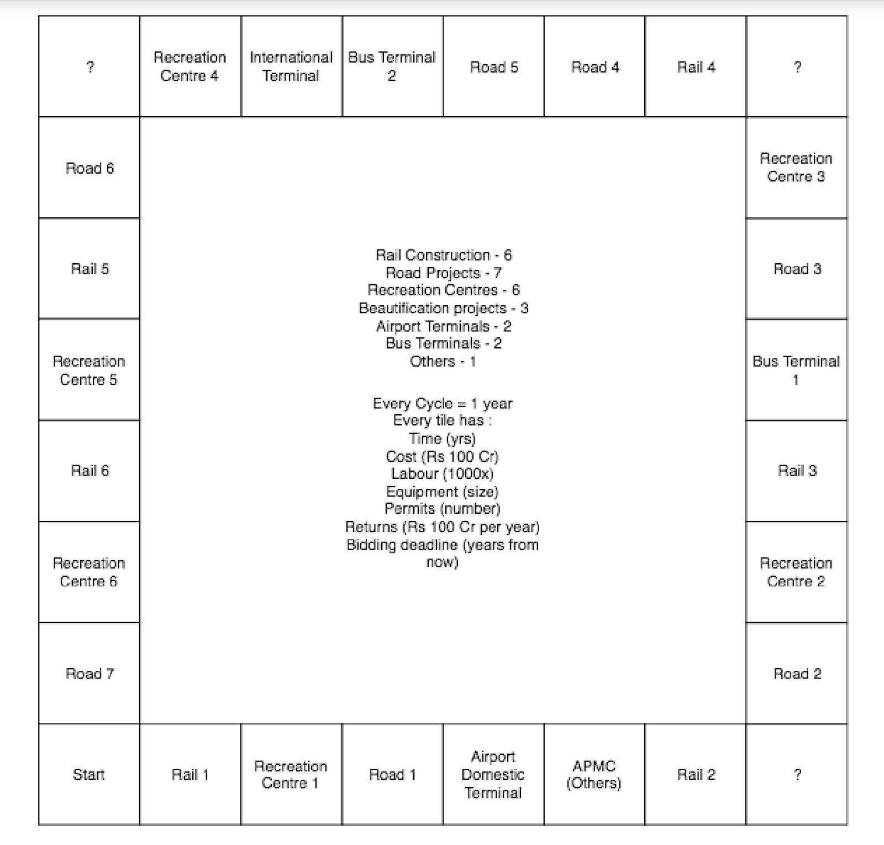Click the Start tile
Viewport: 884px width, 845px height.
click(89, 774)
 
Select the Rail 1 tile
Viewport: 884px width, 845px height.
click(190, 774)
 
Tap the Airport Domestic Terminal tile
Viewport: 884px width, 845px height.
click(493, 774)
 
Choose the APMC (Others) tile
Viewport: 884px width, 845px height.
click(594, 774)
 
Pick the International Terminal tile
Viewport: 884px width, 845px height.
click(291, 66)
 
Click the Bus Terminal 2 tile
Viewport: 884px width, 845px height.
click(392, 66)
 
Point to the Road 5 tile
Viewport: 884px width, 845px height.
click(493, 67)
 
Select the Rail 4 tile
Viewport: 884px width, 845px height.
click(696, 67)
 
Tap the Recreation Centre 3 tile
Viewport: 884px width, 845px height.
click(796, 168)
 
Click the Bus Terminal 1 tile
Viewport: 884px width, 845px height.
click(796, 370)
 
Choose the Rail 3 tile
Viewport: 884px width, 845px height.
click(797, 471)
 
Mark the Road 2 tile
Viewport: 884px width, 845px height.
click(797, 673)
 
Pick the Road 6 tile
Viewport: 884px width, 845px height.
click(90, 168)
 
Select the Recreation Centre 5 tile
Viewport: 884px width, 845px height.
click(89, 370)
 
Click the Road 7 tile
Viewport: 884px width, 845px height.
click(90, 673)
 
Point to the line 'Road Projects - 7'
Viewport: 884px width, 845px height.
click(443, 273)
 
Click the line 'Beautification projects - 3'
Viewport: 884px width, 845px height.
click(443, 308)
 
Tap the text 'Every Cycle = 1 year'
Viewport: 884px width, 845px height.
click(443, 403)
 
